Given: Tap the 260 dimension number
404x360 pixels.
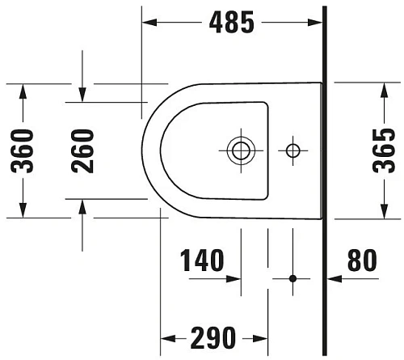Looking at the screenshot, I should (82, 150).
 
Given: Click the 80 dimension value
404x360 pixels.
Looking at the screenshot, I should (361, 260).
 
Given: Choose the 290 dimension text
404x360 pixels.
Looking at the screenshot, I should (213, 337).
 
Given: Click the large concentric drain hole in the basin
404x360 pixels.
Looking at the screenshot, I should (240, 150).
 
